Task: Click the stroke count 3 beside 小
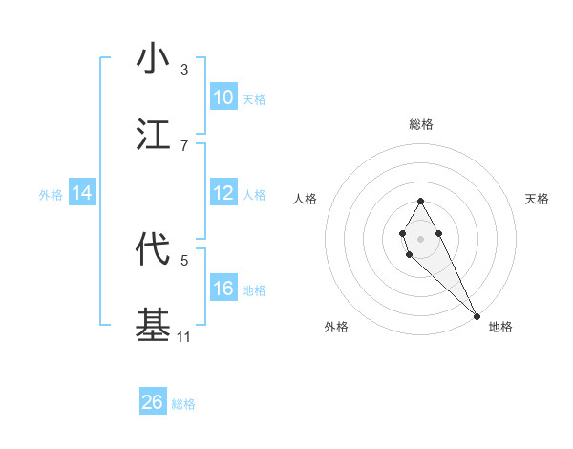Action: tap(184, 70)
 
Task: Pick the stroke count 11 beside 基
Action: tap(184, 337)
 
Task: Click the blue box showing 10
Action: tap(223, 97)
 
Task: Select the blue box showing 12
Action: tap(223, 193)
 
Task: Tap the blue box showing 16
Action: tap(223, 289)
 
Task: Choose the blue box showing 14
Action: tap(82, 193)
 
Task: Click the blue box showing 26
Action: tap(153, 402)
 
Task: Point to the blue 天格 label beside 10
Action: tap(254, 99)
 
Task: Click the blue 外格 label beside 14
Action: tap(51, 195)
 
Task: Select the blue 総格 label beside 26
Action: tap(183, 404)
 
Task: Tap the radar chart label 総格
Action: tap(420, 124)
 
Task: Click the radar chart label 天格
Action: tap(537, 199)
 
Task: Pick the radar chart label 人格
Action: tap(306, 199)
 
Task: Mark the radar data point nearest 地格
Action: tap(477, 315)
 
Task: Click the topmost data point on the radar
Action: tap(420, 201)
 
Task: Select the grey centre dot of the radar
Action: tap(420, 237)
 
